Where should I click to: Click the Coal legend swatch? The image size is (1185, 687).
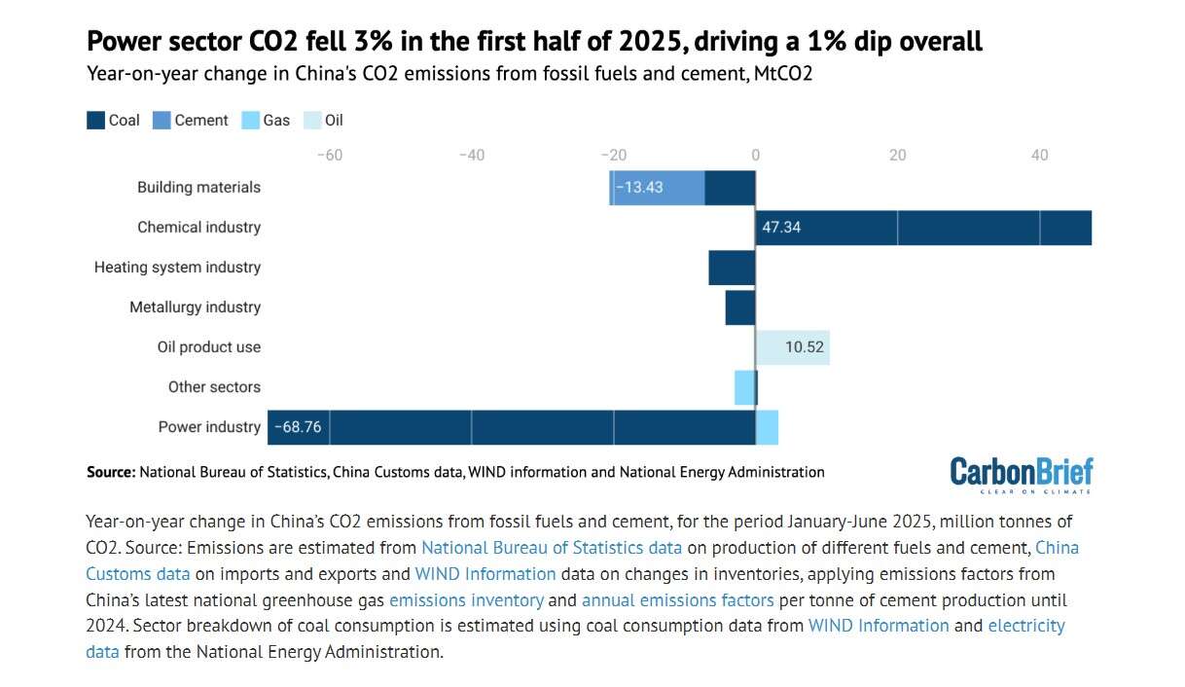95,121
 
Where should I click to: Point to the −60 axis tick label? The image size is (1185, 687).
330,155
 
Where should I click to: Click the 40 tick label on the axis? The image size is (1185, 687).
1039,155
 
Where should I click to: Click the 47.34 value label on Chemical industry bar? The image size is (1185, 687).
781,228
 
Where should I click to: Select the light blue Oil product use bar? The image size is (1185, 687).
792,347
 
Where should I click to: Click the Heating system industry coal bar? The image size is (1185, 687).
732,268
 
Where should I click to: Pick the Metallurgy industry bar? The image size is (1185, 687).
739,307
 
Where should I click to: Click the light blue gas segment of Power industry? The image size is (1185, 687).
767,427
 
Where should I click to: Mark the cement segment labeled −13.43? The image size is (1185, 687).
658,188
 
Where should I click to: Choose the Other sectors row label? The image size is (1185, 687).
214,387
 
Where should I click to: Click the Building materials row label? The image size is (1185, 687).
198,188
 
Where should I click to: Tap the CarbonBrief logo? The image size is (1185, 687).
1021,472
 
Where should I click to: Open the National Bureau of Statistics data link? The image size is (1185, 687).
551,548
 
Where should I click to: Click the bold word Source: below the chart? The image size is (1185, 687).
111,472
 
